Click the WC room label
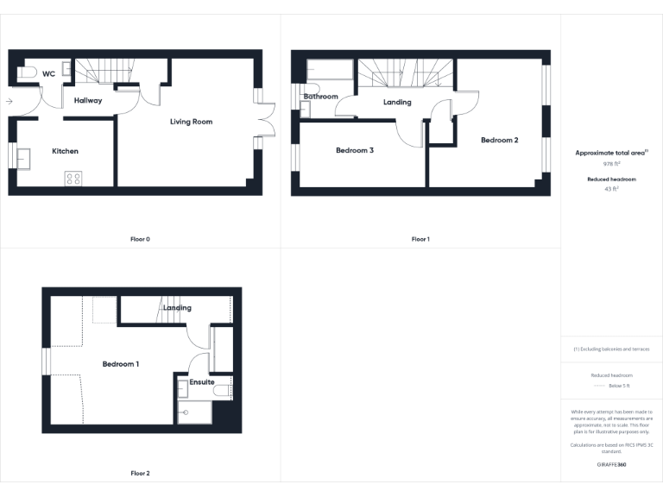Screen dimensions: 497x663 pyautogui.click(x=48, y=74)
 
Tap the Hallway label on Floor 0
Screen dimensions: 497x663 pyautogui.click(x=88, y=101)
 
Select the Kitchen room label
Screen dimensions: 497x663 pyautogui.click(x=65, y=151)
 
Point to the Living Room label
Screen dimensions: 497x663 pyautogui.click(x=191, y=122)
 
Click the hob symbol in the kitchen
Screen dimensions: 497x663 pyautogui.click(x=73, y=179)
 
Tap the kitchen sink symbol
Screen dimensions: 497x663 pyautogui.click(x=24, y=158)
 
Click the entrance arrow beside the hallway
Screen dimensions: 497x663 pyautogui.click(x=9, y=102)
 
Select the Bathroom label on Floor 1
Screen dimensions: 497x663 pyautogui.click(x=320, y=97)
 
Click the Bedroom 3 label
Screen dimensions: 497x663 pyautogui.click(x=355, y=150)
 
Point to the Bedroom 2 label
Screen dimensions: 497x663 pyautogui.click(x=499, y=140)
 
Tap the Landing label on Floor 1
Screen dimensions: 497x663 pyautogui.click(x=397, y=102)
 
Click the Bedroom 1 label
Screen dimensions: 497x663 pyautogui.click(x=121, y=364)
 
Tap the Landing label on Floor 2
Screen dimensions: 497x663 pyautogui.click(x=177, y=308)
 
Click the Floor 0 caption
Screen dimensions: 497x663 pyautogui.click(x=140, y=239)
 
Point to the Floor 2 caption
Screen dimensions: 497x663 pyautogui.click(x=140, y=473)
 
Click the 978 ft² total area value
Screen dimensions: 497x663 pyautogui.click(x=611, y=162)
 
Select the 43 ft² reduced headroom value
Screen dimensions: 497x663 pyautogui.click(x=611, y=188)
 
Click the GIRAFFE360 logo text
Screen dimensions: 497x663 pyautogui.click(x=611, y=464)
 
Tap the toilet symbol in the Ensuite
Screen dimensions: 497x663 pyautogui.click(x=222, y=391)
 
